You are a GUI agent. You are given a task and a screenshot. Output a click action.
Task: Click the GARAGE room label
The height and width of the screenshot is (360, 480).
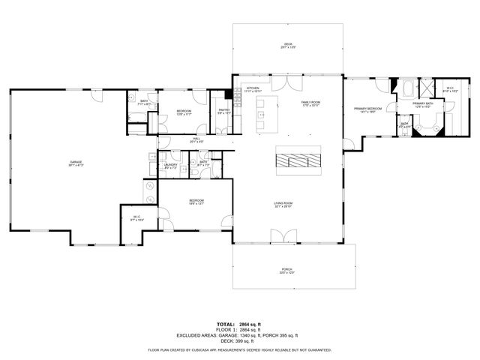click(x=75, y=162)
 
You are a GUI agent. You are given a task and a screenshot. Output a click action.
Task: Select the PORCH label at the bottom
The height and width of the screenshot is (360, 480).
click(x=286, y=269)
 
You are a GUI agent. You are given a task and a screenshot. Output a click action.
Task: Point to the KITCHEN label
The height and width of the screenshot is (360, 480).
click(x=253, y=88)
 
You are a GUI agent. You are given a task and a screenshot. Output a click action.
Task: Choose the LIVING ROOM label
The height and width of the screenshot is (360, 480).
click(x=282, y=202)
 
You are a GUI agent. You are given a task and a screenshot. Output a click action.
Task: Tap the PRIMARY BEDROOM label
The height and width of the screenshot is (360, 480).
click(x=368, y=109)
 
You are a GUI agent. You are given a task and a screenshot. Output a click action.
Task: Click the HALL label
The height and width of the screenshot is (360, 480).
click(x=196, y=138)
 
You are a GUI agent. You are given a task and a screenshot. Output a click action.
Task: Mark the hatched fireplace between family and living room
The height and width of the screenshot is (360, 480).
click(x=298, y=160)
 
